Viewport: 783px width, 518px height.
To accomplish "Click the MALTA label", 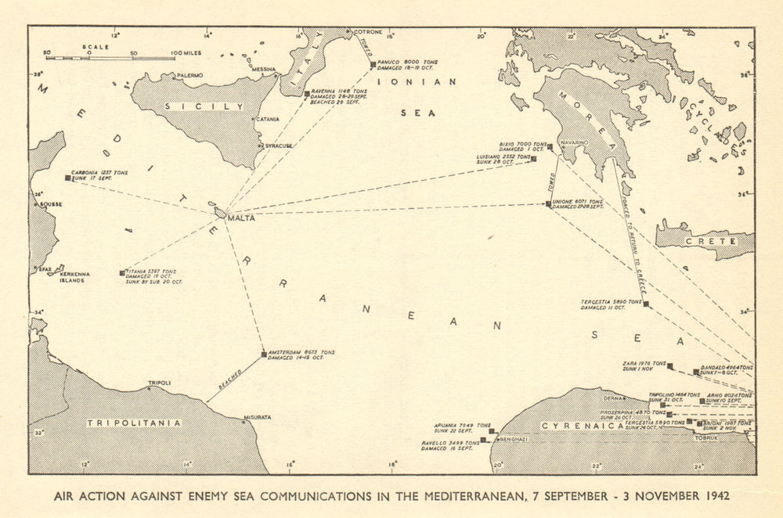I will (x=241, y=218).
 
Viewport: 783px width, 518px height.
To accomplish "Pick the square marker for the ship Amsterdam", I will (x=264, y=354).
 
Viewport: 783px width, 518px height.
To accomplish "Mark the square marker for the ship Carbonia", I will (x=67, y=178).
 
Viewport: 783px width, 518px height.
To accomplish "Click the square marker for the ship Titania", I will (x=122, y=273).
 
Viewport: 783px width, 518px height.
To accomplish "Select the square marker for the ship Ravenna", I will (x=307, y=93).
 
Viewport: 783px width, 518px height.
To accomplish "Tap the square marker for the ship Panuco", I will (x=373, y=63).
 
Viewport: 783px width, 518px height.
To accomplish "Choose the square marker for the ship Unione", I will (x=548, y=203).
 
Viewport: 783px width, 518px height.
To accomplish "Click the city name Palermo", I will (x=189, y=75).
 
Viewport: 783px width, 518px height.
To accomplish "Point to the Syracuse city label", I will (x=280, y=146).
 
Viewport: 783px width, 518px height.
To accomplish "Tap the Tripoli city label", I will (x=159, y=383).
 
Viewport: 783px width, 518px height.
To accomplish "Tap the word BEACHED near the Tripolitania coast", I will (x=230, y=383).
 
